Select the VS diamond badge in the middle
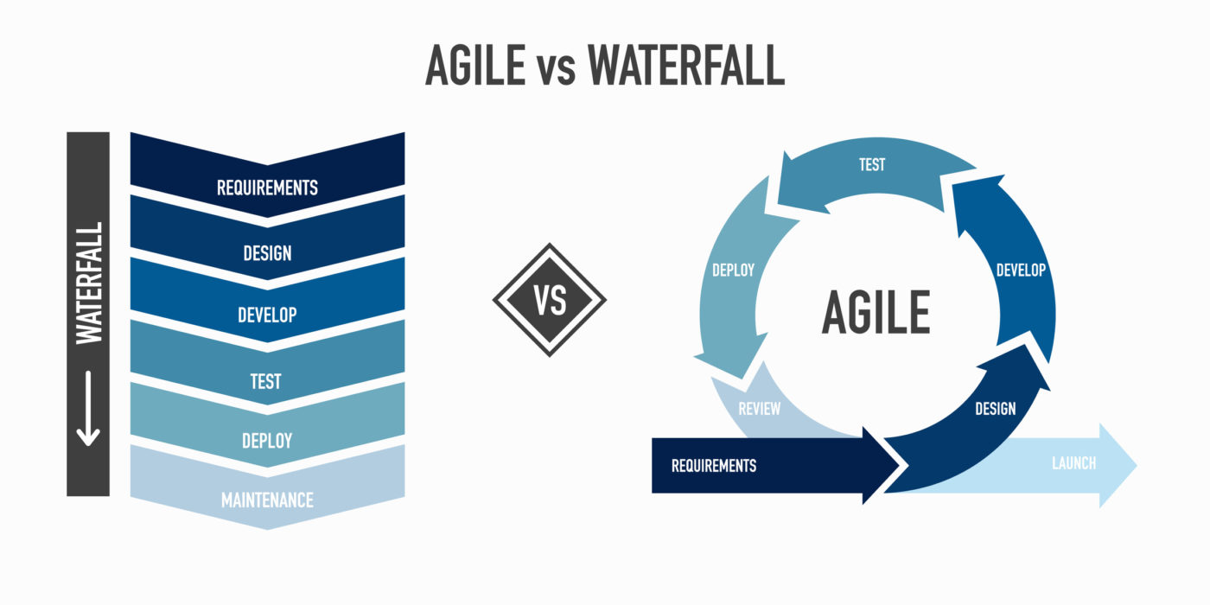coord(550,300)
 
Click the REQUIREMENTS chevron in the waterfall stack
coord(267,187)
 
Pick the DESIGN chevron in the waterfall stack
coord(267,252)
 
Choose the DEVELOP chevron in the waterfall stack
coord(267,315)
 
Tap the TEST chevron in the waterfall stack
coord(267,380)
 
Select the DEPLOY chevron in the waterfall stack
coord(267,441)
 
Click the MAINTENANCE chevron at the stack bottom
coord(267,500)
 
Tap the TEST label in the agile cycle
coord(871,164)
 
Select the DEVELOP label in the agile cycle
coord(1021,270)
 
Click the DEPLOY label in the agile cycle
coord(733,270)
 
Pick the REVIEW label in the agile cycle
coord(760,408)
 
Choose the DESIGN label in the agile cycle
coord(995,408)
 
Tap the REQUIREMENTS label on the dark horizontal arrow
coord(713,466)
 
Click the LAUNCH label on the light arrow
coord(1073,463)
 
